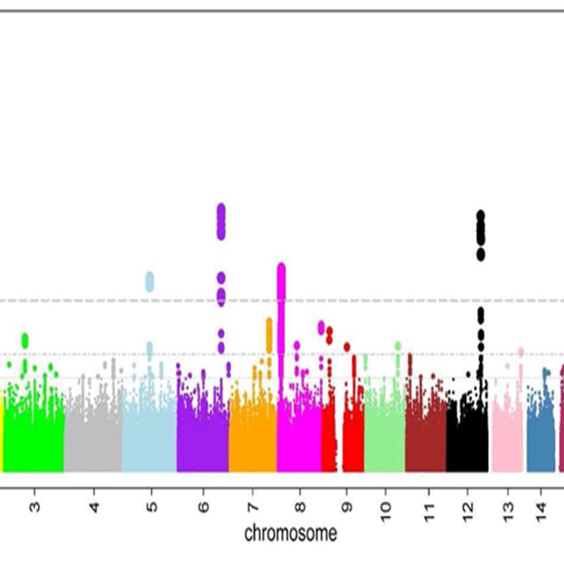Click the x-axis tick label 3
coord(35,507)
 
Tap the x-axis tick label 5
coord(152,507)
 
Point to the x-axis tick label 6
coord(204,507)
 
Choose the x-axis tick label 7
coord(253,507)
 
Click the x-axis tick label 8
coord(300,507)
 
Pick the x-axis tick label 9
coord(347,507)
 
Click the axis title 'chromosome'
coord(291,533)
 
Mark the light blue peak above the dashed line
coord(149,281)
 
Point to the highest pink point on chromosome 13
coord(521,352)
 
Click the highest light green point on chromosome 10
coord(398,346)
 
